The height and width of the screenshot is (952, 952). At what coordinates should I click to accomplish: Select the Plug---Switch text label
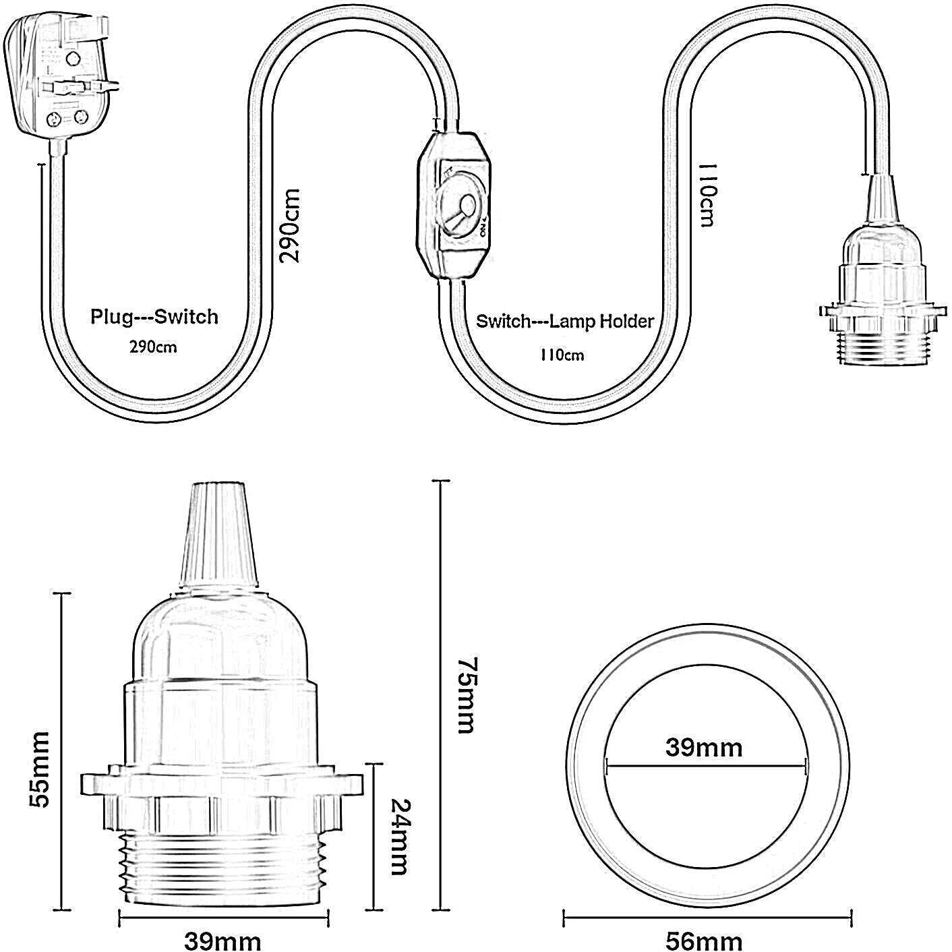click(154, 316)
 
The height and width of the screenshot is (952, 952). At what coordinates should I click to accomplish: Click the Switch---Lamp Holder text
click(565, 321)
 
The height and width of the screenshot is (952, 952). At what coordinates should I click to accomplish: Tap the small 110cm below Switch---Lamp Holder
click(562, 355)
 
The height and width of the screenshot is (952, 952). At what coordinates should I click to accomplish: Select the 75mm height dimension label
click(465, 694)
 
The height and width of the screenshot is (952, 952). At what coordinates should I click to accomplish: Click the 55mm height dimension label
click(39, 769)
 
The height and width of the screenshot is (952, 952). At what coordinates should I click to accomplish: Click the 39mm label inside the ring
click(704, 747)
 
